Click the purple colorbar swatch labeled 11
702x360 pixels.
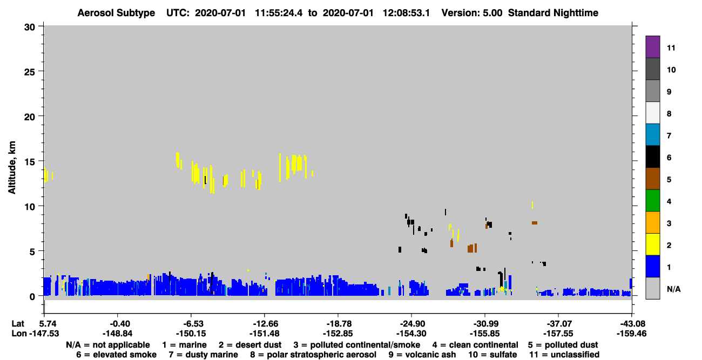click(x=652, y=46)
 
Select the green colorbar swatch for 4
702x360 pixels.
click(x=652, y=201)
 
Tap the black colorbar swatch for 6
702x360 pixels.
click(x=652, y=157)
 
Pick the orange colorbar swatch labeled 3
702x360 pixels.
click(x=652, y=222)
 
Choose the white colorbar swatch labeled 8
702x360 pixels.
click(x=652, y=113)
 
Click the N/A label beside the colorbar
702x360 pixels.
click(x=673, y=289)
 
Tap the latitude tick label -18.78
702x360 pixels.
click(x=339, y=324)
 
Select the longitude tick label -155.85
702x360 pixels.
click(x=484, y=334)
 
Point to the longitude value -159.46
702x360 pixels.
click(x=631, y=334)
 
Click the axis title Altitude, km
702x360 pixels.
click(x=12, y=168)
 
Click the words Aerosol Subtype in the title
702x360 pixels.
click(x=116, y=13)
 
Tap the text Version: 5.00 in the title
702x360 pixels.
click(x=471, y=13)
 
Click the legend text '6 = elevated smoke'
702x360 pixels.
click(x=116, y=355)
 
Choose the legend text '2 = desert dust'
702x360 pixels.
click(x=250, y=345)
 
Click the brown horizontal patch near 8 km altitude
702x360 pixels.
click(x=535, y=223)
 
